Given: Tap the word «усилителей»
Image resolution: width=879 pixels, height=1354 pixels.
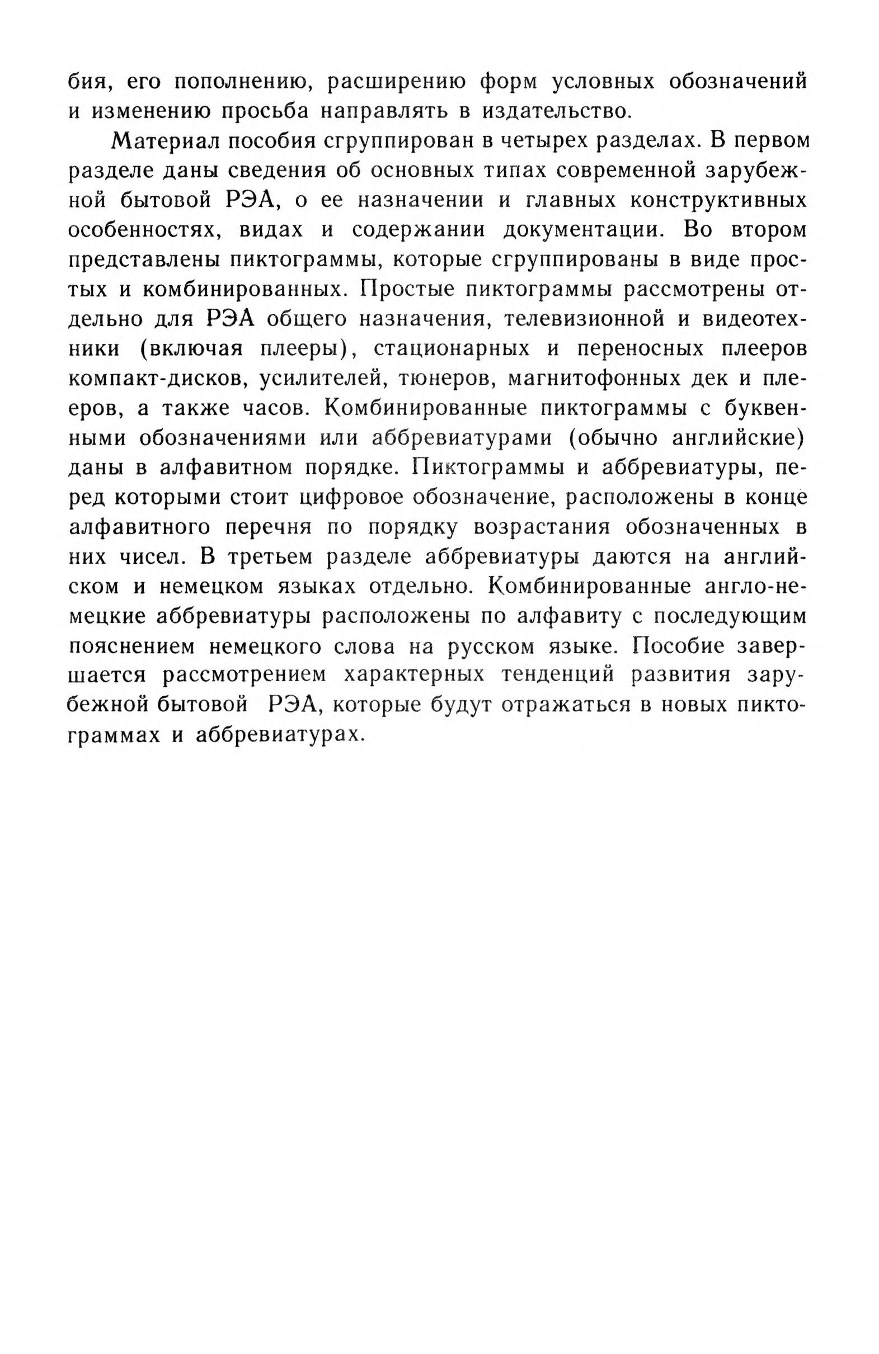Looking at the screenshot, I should [319, 378].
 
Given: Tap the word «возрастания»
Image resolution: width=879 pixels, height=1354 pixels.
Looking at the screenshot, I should [542, 526].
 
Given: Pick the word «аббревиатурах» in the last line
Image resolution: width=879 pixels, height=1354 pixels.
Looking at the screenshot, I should [279, 734].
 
